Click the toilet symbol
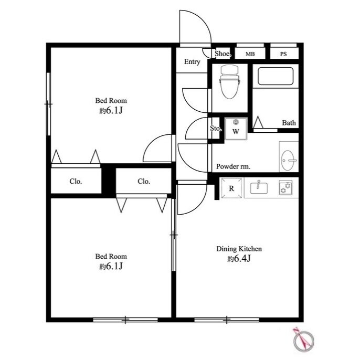[x=230, y=81]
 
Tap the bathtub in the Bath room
[x=276, y=76]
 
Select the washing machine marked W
[x=236, y=129]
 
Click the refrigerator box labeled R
[x=231, y=188]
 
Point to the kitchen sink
[x=259, y=187]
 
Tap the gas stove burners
[x=285, y=187]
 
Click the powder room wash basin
[x=289, y=157]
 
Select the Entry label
[x=192, y=62]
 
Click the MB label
[x=250, y=54]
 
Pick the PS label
[x=283, y=54]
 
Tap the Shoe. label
[x=223, y=54]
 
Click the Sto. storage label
[x=216, y=129]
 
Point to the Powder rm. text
[x=233, y=166]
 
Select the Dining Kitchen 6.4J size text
[x=239, y=259]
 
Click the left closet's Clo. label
[x=76, y=182]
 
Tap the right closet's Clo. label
[x=144, y=182]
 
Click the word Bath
[x=289, y=123]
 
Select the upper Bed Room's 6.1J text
[x=111, y=111]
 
